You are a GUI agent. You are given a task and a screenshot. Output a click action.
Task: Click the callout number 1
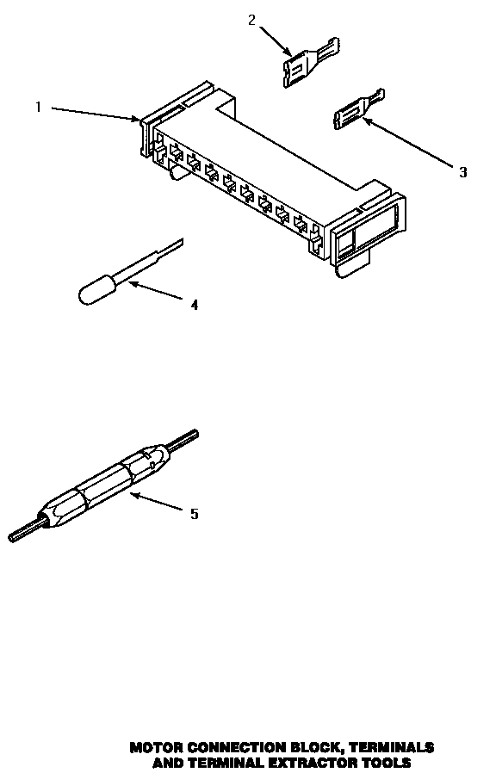point(38,107)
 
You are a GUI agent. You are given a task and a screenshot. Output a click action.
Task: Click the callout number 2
point(251,20)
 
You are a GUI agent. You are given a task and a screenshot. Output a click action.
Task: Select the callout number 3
point(462,172)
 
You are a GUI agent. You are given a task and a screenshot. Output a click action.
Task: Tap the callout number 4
point(194,305)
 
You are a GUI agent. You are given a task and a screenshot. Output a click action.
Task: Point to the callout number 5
point(194,514)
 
